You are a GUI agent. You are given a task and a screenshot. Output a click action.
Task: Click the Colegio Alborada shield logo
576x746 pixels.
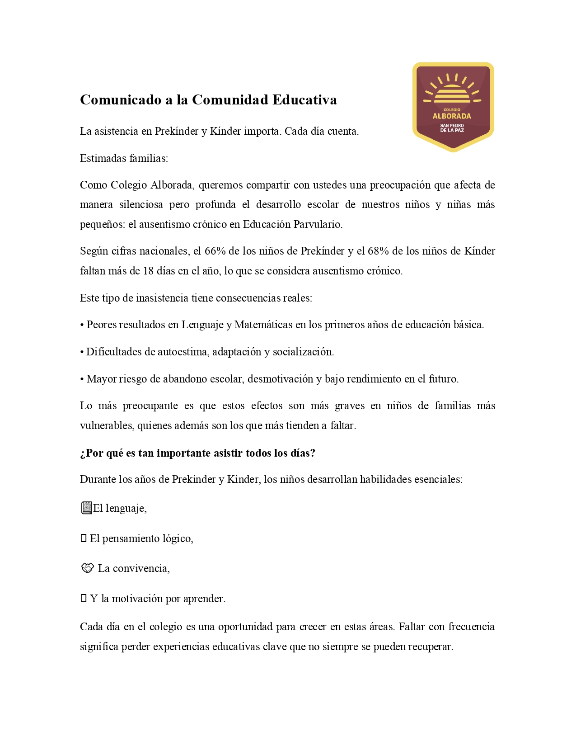click(453, 107)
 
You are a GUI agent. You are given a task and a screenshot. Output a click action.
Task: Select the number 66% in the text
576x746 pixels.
click(215, 251)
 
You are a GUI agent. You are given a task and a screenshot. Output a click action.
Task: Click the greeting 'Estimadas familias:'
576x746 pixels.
click(124, 158)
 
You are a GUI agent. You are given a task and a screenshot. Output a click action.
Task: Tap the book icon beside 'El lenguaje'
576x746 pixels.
click(86, 508)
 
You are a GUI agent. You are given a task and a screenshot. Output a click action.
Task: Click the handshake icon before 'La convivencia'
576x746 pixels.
click(87, 568)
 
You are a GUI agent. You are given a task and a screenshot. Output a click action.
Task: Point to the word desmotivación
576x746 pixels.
click(280, 379)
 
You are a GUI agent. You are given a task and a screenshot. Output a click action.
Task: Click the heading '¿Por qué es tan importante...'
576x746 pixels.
click(197, 453)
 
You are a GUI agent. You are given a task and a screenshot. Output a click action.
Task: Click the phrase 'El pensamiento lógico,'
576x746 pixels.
click(141, 538)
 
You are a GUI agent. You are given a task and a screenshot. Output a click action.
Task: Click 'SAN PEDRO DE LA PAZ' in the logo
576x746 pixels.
click(452, 128)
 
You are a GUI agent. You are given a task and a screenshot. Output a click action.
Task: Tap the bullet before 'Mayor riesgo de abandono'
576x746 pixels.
click(82, 379)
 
